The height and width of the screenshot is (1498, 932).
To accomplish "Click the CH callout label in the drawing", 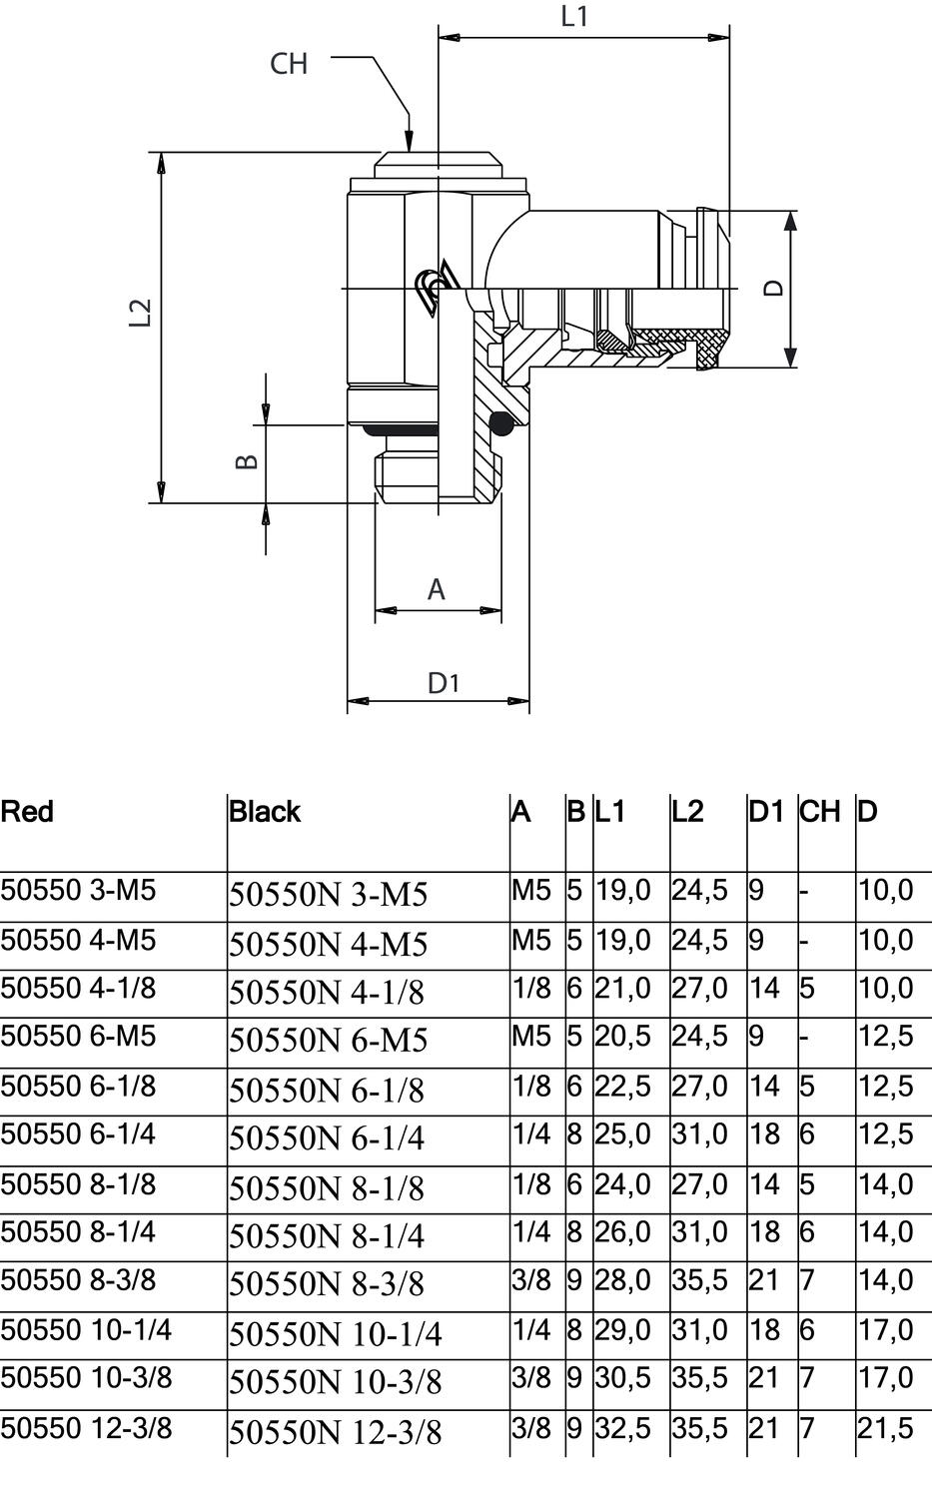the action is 289,64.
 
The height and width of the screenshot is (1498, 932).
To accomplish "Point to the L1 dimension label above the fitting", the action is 574,17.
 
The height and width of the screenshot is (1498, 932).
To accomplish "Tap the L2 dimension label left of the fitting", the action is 141,313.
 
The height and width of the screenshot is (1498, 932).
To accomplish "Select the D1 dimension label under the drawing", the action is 444,683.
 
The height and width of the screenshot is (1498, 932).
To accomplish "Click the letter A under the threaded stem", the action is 437,590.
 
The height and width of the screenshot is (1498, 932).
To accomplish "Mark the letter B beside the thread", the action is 247,462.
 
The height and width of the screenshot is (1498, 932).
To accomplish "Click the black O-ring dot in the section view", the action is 499,422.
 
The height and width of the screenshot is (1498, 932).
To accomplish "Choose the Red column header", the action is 27,811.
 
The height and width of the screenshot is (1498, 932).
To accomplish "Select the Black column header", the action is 265,811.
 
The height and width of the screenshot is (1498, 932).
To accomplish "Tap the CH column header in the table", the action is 819,811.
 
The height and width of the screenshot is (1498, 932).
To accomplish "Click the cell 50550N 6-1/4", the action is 327,1138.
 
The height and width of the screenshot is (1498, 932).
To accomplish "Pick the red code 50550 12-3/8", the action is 86,1428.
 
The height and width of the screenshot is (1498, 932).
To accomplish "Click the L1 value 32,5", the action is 623,1428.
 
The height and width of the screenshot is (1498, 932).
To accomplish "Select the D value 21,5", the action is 885,1428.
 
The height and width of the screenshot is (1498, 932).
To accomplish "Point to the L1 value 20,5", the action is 623,1037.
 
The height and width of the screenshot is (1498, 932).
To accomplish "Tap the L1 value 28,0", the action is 623,1280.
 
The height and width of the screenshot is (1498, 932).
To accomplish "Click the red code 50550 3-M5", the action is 78,890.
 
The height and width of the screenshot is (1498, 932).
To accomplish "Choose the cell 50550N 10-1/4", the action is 336,1333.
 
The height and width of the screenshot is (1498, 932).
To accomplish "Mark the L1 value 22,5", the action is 623,1087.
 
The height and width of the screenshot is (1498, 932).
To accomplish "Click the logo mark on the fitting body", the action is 437,288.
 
